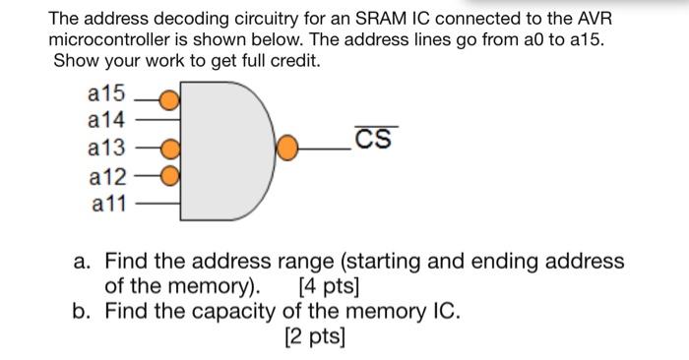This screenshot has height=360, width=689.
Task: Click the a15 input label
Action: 107,95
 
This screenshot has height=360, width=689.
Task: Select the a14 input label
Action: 107,122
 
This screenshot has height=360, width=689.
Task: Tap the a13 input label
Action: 107,150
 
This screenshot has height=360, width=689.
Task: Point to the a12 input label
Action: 107,177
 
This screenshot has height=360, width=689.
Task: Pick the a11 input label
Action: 107,205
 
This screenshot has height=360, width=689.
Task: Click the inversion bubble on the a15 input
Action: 169,99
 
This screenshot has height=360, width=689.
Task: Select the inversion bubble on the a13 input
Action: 169,150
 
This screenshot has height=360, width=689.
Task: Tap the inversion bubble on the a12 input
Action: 169,177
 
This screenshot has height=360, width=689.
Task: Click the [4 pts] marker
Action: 328,288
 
